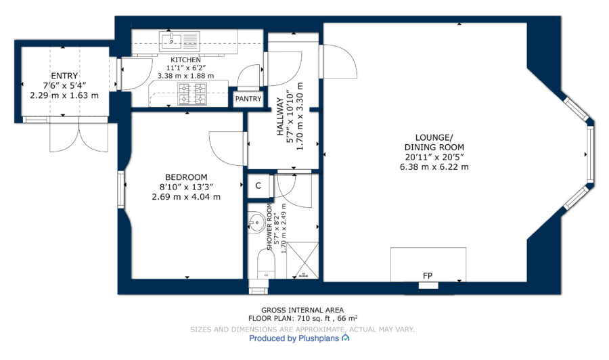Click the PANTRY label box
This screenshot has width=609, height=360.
tap(248, 99)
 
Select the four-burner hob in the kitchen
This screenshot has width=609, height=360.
tap(191, 93)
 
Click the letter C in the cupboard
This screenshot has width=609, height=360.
tap(258, 185)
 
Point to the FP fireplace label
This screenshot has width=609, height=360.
tap(428, 275)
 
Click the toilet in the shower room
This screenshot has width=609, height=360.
tap(266, 264)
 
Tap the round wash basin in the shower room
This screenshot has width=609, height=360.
tap(256, 223)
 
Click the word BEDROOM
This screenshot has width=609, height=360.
tap(187, 177)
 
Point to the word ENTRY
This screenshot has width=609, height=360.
tap(64, 76)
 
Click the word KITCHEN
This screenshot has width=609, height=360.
tap(185, 60)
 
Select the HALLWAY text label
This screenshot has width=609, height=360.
tap(280, 116)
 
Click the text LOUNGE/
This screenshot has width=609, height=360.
tap(434, 137)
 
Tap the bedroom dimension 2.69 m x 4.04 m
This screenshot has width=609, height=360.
tap(186, 197)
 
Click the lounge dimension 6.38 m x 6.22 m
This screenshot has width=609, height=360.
tap(434, 167)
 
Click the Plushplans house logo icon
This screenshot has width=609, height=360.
tap(345, 338)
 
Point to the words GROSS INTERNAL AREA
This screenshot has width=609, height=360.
tap(302, 311)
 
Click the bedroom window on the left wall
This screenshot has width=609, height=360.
tap(121, 189)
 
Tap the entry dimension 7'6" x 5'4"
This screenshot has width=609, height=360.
tap(64, 85)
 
